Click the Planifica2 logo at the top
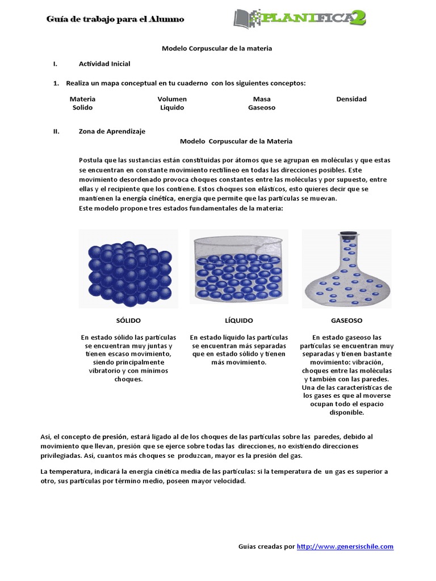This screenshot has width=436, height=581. [x=299, y=18]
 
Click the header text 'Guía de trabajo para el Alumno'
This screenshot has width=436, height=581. [x=115, y=19]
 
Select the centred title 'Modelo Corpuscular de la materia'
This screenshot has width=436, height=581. [x=217, y=48]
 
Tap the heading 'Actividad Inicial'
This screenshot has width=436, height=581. [x=104, y=64]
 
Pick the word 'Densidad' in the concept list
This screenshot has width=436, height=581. [x=351, y=99]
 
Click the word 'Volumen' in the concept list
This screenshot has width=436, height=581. [x=172, y=99]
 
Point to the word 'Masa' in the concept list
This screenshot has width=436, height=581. [x=262, y=99]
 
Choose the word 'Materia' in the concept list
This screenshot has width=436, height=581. [x=82, y=99]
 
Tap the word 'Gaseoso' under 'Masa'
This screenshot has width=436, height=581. [x=262, y=107]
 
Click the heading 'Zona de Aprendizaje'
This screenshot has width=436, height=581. [x=112, y=131]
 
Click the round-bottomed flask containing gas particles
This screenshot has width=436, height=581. [x=346, y=278]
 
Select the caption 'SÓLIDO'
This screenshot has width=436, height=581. [x=128, y=321]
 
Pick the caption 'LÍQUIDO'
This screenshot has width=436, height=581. [x=238, y=321]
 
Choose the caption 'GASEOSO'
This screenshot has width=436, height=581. [x=346, y=321]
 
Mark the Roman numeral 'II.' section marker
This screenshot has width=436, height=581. [x=56, y=131]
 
